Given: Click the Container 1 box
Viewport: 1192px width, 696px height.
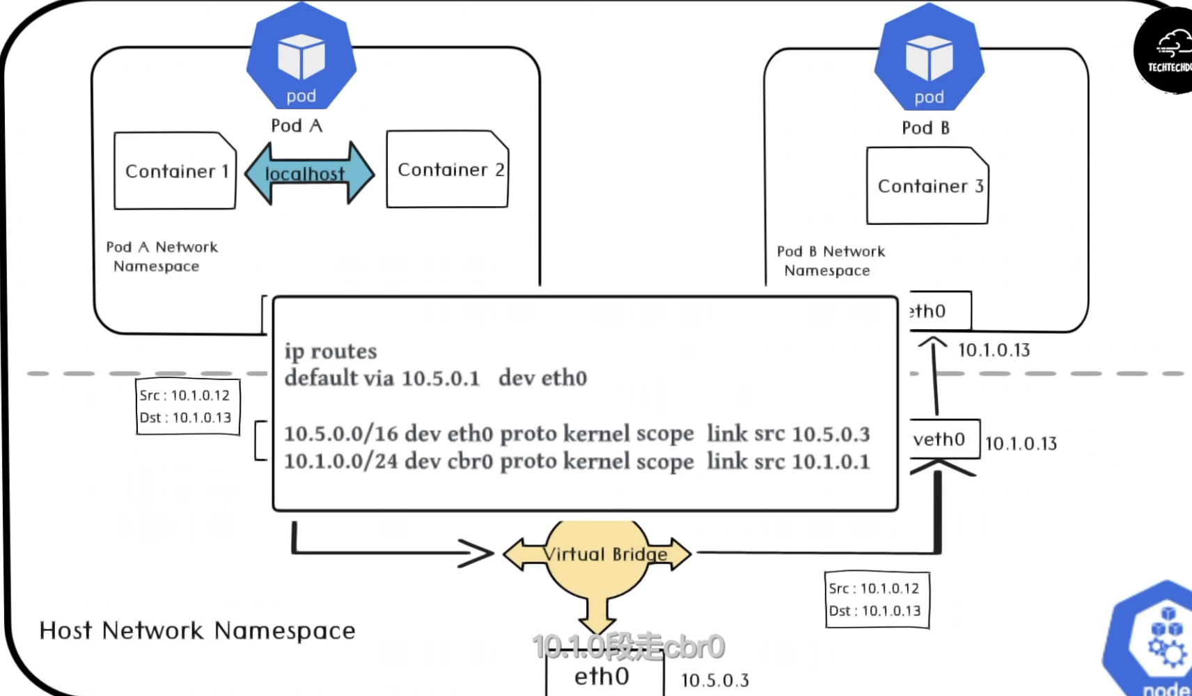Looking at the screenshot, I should coord(175,171).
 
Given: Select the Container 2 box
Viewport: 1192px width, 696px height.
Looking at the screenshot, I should coord(448,169).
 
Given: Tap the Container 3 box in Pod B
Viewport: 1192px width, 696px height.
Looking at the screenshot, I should coord(927,186).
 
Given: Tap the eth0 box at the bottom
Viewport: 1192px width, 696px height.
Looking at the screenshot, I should coord(602,676).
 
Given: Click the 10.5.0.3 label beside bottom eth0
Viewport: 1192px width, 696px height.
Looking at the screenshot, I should coord(715,680).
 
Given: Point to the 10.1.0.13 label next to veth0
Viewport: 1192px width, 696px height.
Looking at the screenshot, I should coord(1021,443).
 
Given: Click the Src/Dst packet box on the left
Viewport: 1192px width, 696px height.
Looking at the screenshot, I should coord(187,406).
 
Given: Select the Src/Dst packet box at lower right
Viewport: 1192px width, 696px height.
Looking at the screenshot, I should coord(877,600).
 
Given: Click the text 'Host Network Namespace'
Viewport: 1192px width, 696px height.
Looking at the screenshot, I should coord(197,631).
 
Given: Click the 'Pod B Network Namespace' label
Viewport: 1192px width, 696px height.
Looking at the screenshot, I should coord(830,260).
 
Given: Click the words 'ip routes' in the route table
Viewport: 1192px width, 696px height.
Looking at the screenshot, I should coord(331,351).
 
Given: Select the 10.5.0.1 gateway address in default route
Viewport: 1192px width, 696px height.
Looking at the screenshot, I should coord(441,378).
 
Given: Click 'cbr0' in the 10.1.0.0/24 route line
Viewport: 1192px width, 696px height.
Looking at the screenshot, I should coord(469,461).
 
